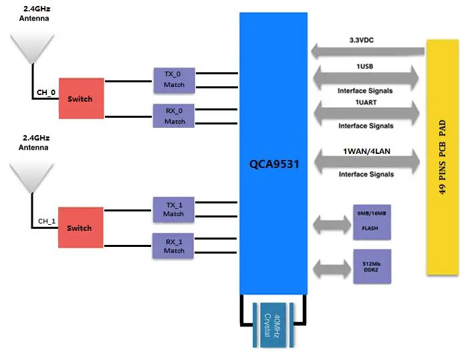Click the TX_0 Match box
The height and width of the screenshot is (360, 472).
click(174, 79)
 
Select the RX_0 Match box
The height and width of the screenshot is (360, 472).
click(174, 115)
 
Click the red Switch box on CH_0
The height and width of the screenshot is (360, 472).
click(80, 99)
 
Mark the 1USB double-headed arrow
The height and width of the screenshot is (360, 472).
click(368, 78)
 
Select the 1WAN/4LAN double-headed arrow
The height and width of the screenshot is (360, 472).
click(368, 161)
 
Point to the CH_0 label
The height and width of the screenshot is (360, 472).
click(45, 93)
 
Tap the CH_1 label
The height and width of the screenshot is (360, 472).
click(46, 221)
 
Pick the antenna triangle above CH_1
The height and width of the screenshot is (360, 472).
click(32, 177)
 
